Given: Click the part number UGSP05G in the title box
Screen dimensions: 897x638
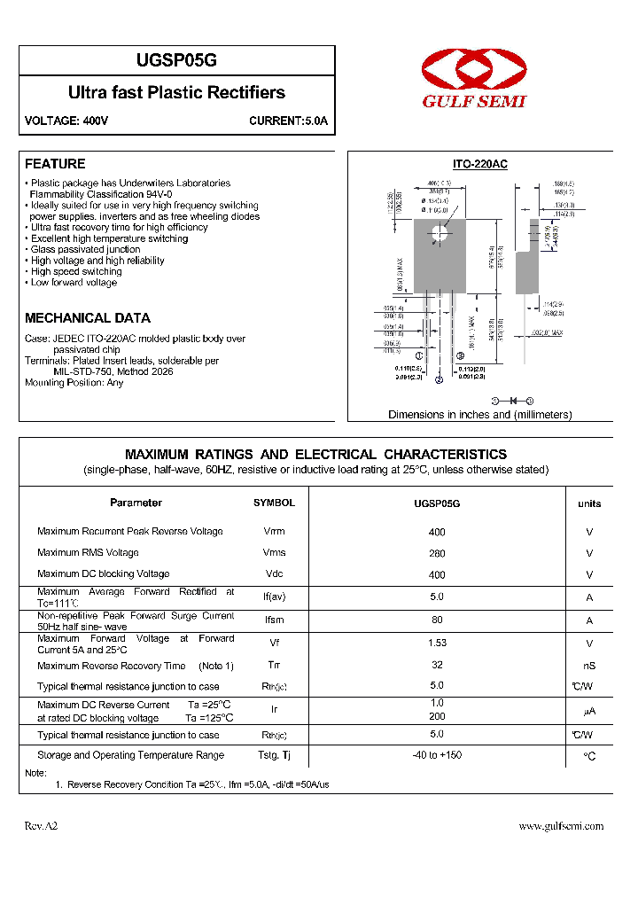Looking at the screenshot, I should point(176,61).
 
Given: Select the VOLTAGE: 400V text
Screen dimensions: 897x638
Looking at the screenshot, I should point(66,121).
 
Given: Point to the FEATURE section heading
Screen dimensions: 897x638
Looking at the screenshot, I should point(55,164).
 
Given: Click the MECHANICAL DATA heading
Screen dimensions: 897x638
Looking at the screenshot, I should point(87,318).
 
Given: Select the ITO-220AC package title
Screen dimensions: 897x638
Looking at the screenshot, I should point(479,164).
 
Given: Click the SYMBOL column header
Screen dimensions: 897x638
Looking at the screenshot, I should point(274,503).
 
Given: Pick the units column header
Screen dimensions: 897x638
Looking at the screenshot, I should point(589,503).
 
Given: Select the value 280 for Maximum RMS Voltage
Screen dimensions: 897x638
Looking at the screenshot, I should point(437,553).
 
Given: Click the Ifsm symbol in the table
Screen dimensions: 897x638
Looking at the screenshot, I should point(274,620).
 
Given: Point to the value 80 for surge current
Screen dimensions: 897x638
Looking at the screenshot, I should point(437,620).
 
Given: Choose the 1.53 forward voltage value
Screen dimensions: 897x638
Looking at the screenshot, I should point(437,643).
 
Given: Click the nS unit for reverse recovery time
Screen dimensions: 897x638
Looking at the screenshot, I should point(589,667).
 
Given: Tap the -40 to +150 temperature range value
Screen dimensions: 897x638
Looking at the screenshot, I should point(437,755).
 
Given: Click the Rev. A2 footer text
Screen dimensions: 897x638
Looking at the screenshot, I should point(41,826).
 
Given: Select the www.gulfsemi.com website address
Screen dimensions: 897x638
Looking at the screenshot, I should point(560,826).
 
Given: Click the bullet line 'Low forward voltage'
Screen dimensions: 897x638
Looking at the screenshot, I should point(74,283).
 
